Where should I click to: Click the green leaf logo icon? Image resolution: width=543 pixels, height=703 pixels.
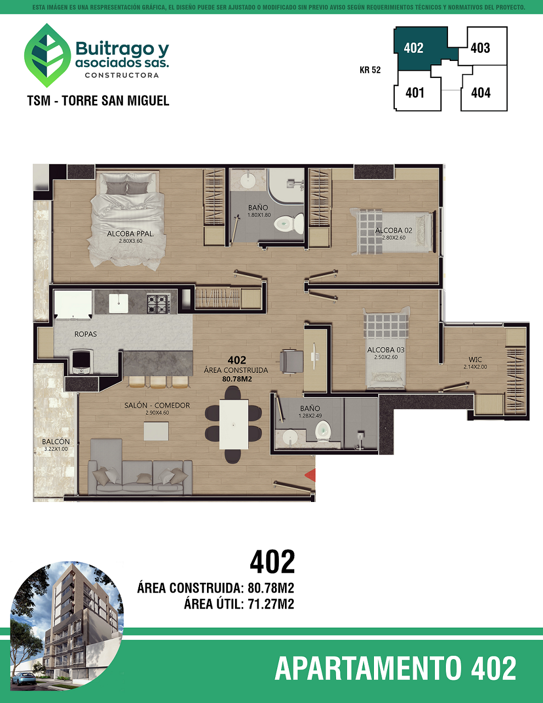[47, 55]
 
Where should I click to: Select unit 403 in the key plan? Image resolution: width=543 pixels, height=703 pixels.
[480, 48]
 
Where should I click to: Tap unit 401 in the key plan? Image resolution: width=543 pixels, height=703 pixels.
[415, 93]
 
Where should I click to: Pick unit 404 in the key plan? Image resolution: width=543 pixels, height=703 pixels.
[481, 93]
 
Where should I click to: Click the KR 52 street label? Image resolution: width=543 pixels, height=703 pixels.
[370, 70]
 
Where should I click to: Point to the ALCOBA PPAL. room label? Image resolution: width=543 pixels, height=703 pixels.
[131, 233]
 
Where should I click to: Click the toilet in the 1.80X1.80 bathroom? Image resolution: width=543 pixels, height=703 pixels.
[289, 222]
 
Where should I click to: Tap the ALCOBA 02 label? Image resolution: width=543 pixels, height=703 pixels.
[394, 230]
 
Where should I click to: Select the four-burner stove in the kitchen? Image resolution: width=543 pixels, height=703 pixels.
[158, 303]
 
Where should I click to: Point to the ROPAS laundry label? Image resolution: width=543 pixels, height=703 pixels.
[86, 334]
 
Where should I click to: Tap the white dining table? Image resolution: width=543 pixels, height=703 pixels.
[234, 425]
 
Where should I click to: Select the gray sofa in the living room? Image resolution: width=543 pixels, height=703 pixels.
[141, 468]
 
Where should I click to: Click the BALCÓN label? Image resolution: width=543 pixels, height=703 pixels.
[56, 442]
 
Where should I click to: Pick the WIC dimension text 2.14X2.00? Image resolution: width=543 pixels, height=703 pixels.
[475, 367]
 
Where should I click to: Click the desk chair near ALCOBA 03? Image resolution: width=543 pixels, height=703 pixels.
[292, 362]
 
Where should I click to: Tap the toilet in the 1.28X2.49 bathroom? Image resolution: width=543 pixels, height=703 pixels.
[323, 432]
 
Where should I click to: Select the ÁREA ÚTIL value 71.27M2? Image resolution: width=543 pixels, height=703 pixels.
[271, 604]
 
